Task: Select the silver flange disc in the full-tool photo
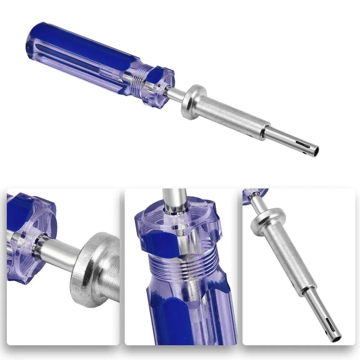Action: (x=191, y=102)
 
